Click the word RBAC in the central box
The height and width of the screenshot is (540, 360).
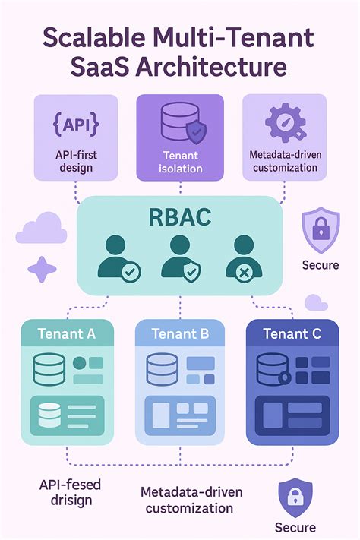point(180,217)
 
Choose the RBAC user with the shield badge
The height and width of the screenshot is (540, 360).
point(180,256)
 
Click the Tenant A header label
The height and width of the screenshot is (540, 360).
point(66,333)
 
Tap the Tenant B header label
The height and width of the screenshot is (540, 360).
point(180,333)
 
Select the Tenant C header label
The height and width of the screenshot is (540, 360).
point(292,333)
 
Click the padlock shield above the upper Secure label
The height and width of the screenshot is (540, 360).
point(320,232)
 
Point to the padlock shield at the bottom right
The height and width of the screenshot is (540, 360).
point(295,497)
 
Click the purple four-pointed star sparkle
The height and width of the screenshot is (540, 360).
point(43,270)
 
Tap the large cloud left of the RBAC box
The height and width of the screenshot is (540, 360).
point(42,229)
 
